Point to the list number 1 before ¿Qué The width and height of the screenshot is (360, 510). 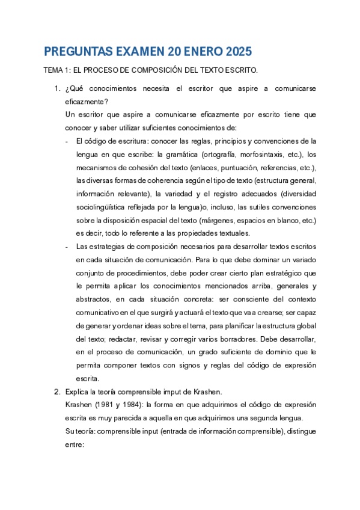point(56,89)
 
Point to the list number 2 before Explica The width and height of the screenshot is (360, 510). point(56,392)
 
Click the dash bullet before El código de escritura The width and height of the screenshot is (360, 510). point(66,141)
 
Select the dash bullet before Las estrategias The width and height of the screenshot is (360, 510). point(66,247)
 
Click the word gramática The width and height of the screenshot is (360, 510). point(181,154)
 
